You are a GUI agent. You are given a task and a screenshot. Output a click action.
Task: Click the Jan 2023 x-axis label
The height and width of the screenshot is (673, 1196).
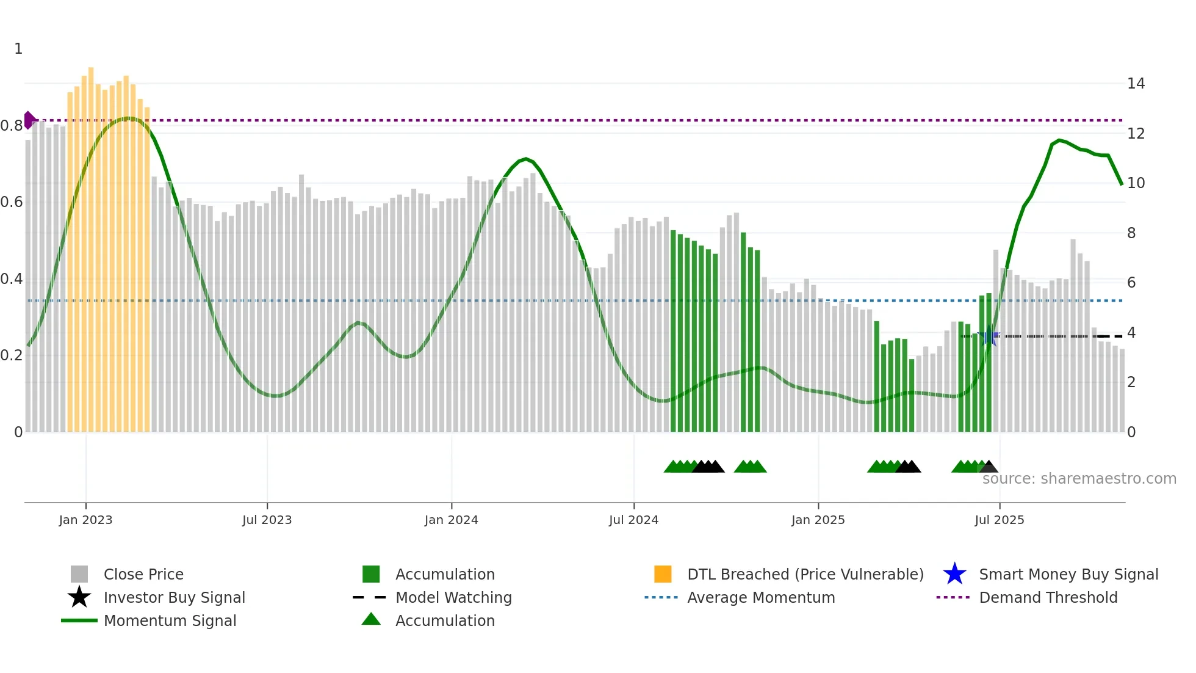[x=85, y=520]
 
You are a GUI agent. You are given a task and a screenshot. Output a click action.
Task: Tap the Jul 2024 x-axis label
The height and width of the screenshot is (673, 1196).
[x=633, y=520]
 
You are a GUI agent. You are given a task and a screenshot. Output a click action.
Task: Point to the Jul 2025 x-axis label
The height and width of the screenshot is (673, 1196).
[x=999, y=520]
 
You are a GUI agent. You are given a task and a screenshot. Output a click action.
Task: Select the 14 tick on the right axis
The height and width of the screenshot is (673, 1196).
[x=1136, y=84]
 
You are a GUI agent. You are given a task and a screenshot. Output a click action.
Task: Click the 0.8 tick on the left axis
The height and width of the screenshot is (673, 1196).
[x=12, y=126]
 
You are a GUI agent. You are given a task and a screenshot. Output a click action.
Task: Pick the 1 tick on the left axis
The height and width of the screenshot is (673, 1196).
[x=18, y=49]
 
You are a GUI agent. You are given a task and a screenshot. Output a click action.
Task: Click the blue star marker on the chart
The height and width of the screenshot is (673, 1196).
[x=989, y=336]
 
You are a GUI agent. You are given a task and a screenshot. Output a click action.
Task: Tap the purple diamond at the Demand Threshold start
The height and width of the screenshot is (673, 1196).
[x=29, y=120]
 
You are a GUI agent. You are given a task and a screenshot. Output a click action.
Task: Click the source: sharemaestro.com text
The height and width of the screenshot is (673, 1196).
[x=1079, y=479]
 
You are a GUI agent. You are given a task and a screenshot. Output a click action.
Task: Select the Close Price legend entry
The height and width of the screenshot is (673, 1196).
[x=143, y=574]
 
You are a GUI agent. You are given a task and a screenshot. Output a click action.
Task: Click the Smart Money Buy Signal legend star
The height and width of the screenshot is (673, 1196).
[x=954, y=574]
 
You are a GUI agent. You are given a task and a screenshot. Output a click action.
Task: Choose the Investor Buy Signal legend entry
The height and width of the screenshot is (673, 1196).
[x=174, y=597]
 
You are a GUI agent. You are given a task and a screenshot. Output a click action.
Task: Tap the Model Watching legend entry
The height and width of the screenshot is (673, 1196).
[x=453, y=597]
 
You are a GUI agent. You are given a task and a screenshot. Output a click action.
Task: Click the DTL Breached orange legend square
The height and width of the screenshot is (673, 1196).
[x=663, y=574]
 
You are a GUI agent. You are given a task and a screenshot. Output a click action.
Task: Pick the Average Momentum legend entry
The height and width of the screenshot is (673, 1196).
[x=760, y=597]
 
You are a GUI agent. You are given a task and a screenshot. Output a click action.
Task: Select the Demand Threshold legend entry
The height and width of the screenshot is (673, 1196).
[x=1048, y=597]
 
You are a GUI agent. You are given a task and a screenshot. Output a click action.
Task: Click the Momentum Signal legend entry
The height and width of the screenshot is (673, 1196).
[x=170, y=620]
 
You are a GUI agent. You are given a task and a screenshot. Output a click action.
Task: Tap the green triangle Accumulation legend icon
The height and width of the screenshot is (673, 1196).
[x=371, y=619]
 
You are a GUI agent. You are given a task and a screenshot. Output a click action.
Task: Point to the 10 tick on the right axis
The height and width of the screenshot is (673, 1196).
[x=1136, y=183]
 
